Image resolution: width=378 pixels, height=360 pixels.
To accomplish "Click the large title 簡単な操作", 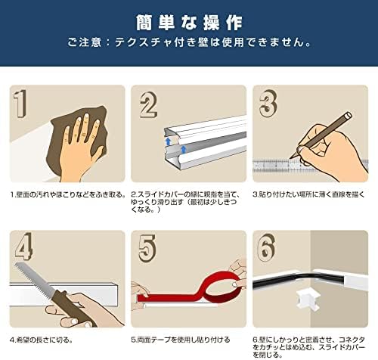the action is tap(189, 23).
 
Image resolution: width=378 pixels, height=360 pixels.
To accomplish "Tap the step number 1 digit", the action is tap(20, 104).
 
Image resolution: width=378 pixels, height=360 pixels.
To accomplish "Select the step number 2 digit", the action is tap(149, 105).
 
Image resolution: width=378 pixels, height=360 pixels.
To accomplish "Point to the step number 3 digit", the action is tap(268, 104).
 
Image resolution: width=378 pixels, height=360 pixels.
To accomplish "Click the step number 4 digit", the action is tap(24, 247).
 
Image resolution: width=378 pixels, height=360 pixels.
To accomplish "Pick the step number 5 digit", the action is tap(147, 249).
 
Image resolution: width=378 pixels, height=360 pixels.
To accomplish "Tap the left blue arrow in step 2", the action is tap(169, 141).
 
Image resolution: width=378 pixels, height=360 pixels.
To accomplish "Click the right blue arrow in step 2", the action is tap(184, 150).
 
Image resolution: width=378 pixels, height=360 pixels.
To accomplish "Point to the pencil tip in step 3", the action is tap(290, 158).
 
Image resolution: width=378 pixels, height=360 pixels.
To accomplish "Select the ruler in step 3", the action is tap(311, 166).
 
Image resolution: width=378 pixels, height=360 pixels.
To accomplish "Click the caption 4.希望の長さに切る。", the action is tap(42, 340).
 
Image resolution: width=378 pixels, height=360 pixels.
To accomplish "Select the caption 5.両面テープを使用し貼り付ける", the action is tap(181, 340).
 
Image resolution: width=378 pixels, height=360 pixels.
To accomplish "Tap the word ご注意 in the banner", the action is tap(84, 42).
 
